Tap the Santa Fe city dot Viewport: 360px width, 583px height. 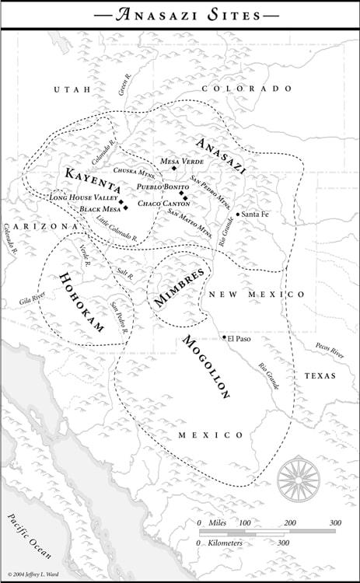[237, 214]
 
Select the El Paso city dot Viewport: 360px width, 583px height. [224, 337]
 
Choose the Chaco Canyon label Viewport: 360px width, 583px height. [159, 204]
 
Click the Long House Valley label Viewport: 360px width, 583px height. [83, 198]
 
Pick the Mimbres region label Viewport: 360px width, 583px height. [179, 288]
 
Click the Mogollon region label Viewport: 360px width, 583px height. [207, 366]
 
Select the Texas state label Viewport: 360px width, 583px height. [319, 375]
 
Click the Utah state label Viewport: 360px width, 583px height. [72, 90]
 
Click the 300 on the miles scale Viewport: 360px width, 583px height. [334, 523]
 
